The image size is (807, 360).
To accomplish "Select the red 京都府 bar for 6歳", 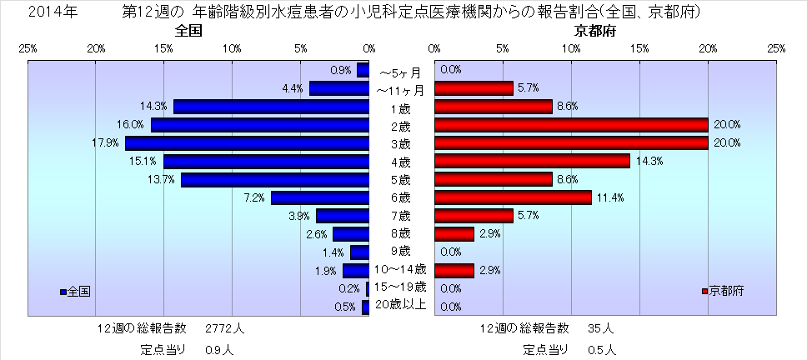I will click(514, 197).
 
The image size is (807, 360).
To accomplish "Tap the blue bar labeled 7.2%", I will click(320, 197).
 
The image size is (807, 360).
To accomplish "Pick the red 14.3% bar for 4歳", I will click(533, 162).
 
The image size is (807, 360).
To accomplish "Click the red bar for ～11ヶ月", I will click(474, 88).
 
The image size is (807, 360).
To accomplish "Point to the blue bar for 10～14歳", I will click(356, 270).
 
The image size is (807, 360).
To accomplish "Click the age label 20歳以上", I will click(401, 305).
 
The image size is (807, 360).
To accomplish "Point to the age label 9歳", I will click(400, 251).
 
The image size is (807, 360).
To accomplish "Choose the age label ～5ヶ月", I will click(400, 72).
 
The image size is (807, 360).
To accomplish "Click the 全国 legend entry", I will click(76, 292).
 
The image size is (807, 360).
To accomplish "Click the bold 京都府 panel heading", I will click(596, 31).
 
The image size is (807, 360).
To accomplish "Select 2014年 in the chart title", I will click(48, 12).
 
